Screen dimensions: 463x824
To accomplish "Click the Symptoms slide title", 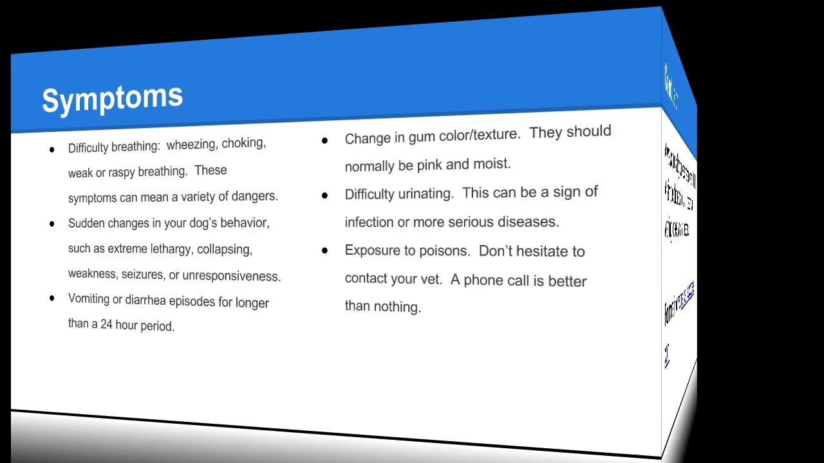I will click(x=113, y=98).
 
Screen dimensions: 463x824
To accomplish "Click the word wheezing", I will click(x=191, y=145).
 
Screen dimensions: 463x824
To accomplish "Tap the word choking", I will click(x=243, y=143).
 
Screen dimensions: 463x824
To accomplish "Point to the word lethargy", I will click(x=172, y=249).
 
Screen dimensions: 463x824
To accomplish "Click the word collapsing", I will click(x=225, y=249).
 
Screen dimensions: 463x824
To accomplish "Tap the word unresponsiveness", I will click(x=231, y=276).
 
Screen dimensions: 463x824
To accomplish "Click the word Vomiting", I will click(x=89, y=299).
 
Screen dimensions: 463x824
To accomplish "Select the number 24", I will click(x=107, y=324).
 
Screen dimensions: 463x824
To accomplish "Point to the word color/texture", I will click(x=479, y=135).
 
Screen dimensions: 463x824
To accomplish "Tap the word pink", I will click(x=429, y=165).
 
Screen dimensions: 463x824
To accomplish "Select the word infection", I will click(x=369, y=222).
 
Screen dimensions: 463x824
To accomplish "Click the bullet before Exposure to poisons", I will click(x=324, y=250).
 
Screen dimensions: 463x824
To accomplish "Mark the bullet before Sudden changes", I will click(x=52, y=224).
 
